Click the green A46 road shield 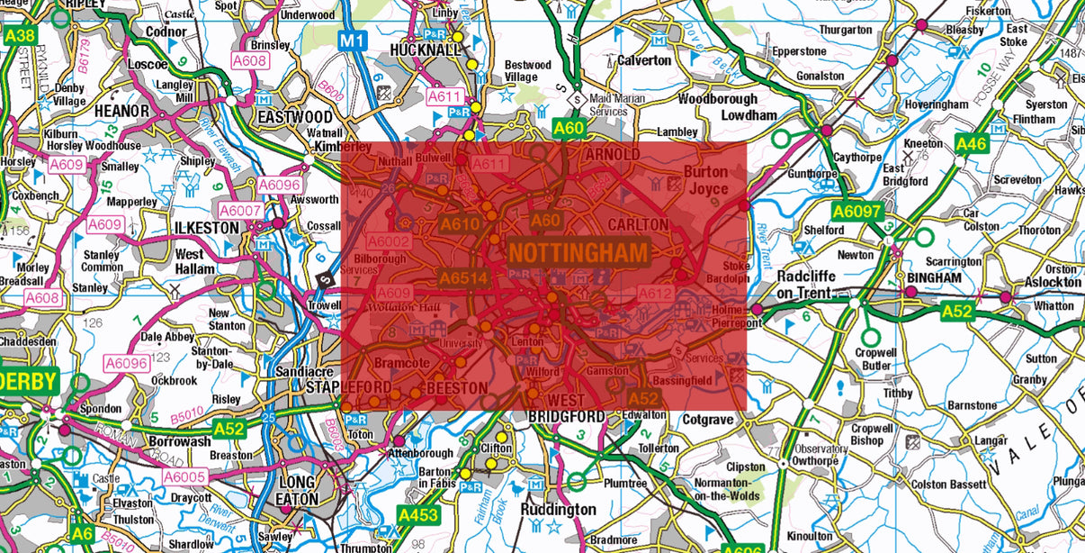[x=972, y=144]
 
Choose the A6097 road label [x=851, y=212]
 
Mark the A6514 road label [x=463, y=279]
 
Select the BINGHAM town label [x=934, y=277]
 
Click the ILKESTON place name [x=208, y=228]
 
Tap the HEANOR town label [x=121, y=111]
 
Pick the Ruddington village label [x=558, y=510]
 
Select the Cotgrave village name [x=707, y=420]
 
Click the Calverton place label [x=644, y=60]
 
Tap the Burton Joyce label [x=706, y=180]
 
